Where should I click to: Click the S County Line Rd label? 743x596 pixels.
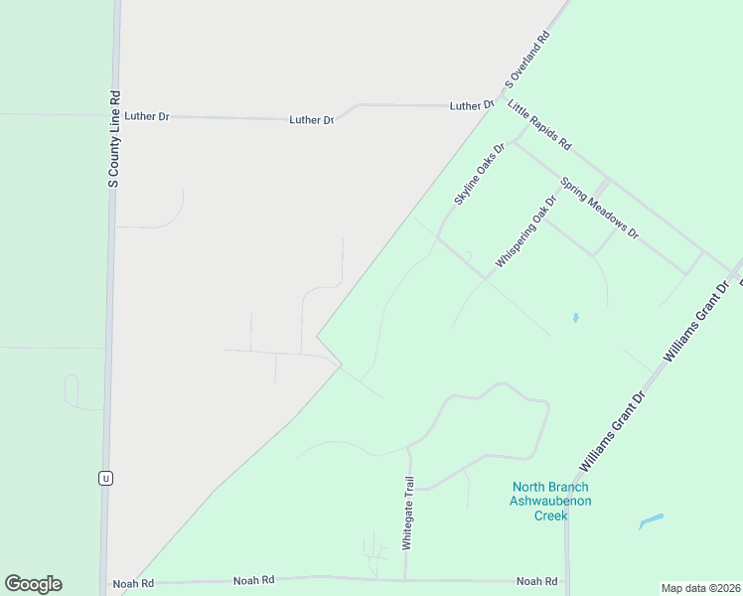click(x=114, y=140)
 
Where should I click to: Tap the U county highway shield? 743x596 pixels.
click(x=105, y=478)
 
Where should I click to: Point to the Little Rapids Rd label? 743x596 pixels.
click(x=539, y=124)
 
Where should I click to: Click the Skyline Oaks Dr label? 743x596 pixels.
click(x=480, y=174)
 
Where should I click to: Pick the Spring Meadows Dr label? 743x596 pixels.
click(x=599, y=208)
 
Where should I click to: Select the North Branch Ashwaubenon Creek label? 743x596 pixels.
click(x=550, y=501)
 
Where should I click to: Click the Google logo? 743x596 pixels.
click(x=33, y=584)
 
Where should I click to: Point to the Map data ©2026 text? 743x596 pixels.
click(x=700, y=588)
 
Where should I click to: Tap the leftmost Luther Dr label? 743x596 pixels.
click(x=147, y=116)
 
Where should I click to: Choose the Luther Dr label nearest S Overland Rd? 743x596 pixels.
click(x=472, y=105)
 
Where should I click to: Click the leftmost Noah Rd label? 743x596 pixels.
click(x=133, y=584)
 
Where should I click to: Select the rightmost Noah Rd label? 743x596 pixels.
click(x=536, y=581)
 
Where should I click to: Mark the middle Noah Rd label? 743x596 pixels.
click(x=253, y=580)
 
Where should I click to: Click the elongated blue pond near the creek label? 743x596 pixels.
click(x=651, y=521)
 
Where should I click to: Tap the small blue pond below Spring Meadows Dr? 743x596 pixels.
click(x=575, y=318)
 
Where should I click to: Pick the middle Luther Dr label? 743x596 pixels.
click(x=311, y=120)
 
